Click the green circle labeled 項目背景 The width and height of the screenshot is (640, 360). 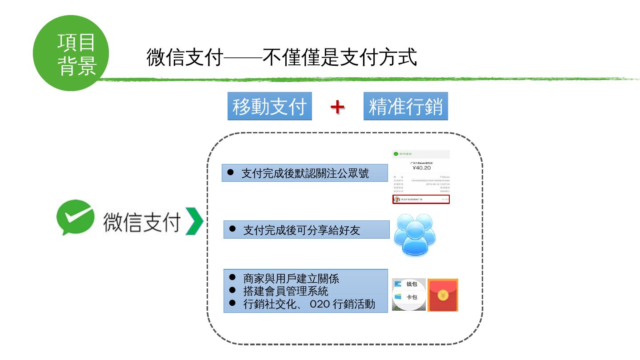[71, 53]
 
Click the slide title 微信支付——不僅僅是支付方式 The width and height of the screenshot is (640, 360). [281, 58]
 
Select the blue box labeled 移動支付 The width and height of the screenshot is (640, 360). [270, 107]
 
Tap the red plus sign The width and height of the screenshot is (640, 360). [338, 107]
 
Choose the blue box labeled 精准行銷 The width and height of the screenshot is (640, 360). [405, 107]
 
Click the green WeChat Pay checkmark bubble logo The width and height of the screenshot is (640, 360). [75, 220]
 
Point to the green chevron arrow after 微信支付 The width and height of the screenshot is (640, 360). [194, 221]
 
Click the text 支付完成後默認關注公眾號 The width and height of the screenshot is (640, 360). [305, 173]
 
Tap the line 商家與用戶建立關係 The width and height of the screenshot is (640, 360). [291, 279]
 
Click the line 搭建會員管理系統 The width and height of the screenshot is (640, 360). [286, 291]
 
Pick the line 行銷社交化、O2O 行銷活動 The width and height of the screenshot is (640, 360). [309, 304]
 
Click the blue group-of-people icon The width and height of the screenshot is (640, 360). [415, 235]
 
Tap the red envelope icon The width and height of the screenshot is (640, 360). [443, 295]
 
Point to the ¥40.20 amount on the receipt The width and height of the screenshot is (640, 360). [421, 168]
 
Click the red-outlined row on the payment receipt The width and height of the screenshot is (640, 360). [421, 200]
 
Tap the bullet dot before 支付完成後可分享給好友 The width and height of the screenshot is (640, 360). [232, 229]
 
